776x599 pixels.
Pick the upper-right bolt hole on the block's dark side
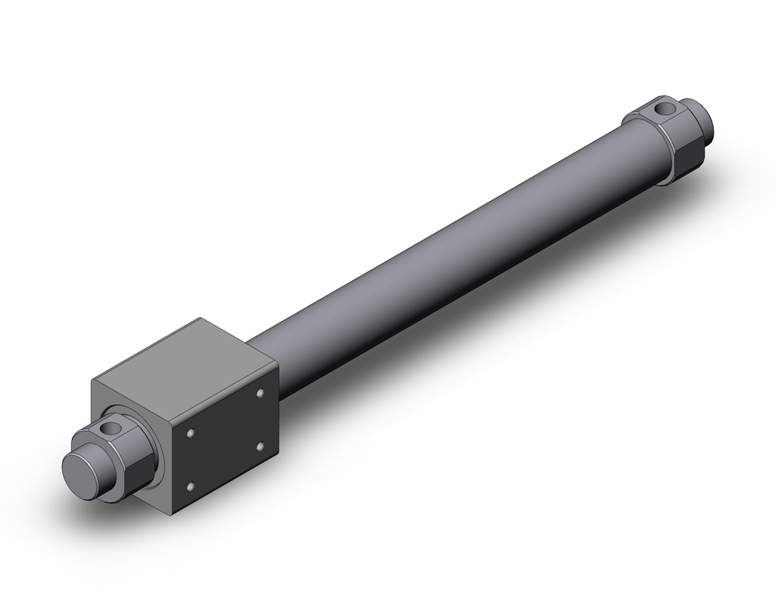[x=260, y=394]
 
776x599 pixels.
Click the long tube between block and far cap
[x=450, y=256]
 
